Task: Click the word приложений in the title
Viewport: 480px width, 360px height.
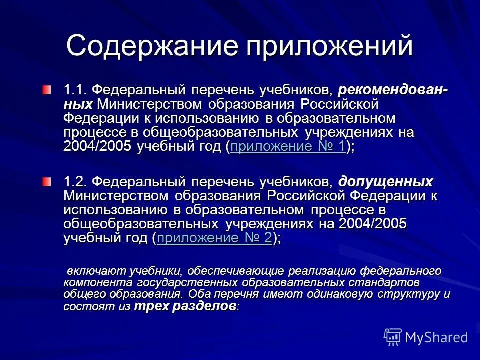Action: tap(329, 46)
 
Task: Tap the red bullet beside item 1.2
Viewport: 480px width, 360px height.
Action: tap(46, 181)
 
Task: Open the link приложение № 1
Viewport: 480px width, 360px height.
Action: tap(288, 147)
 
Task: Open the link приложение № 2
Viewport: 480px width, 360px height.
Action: tap(214, 238)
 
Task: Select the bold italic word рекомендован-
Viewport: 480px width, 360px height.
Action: tap(393, 90)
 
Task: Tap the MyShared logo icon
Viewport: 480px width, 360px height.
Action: tap(393, 337)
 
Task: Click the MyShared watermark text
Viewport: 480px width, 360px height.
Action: tap(437, 337)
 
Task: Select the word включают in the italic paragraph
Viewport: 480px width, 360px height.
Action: tap(95, 271)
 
